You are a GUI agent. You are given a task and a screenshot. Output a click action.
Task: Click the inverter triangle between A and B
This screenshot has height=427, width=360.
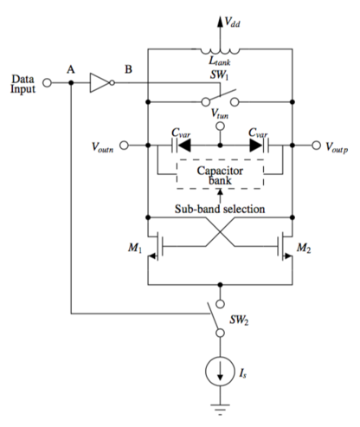click(100, 83)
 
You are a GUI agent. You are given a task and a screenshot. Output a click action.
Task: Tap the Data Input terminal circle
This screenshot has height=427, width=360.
click(47, 83)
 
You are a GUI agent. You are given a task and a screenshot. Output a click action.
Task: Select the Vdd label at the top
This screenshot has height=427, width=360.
click(232, 22)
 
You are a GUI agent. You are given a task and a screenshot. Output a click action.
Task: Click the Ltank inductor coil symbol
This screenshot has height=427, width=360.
click(220, 51)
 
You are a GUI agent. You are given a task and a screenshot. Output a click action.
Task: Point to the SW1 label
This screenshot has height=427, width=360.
click(219, 74)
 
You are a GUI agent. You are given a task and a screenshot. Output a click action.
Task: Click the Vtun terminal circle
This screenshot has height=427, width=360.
click(220, 126)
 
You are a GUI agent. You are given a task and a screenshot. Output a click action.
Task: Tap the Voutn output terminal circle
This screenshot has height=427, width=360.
click(124, 146)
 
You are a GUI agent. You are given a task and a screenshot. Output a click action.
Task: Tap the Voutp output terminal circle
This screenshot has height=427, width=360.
click(316, 146)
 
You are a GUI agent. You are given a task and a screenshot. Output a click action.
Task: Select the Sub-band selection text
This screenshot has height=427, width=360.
click(220, 209)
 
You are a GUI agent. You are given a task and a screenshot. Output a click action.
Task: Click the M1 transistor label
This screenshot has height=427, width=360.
click(135, 248)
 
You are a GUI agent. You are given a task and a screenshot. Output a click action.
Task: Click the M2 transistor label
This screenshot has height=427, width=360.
click(304, 248)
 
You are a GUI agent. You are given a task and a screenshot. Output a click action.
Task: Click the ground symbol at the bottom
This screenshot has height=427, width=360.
click(220, 409)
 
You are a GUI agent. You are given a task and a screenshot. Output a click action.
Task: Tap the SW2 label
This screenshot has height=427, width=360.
click(239, 320)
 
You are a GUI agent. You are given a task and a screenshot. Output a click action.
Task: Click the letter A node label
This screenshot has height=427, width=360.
click(71, 69)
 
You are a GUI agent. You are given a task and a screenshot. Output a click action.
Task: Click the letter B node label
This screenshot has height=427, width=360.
click(128, 69)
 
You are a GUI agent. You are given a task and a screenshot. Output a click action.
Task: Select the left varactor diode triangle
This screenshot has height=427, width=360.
click(184, 146)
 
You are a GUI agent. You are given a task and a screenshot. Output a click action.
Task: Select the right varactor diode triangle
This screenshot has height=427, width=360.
click(256, 146)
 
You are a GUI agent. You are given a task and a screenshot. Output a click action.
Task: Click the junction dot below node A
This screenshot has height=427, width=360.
click(71, 83)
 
